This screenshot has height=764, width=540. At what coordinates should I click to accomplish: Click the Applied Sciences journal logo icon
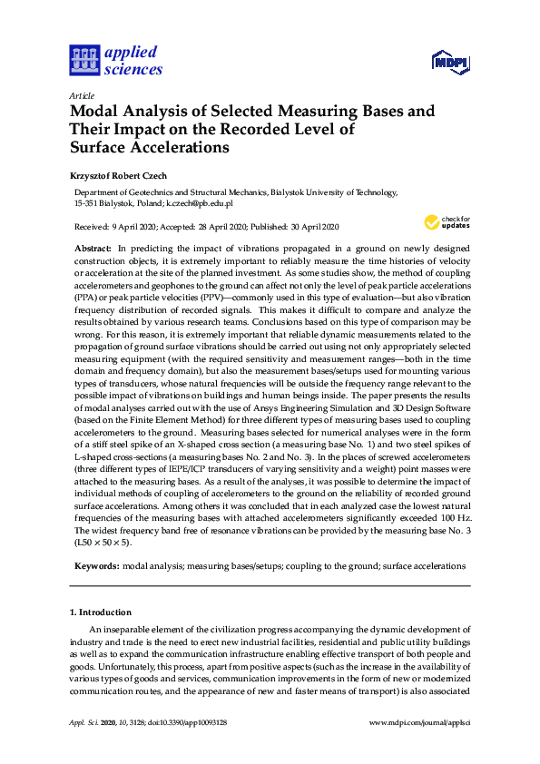click(x=83, y=60)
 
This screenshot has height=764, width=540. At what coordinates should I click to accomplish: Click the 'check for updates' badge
click(x=447, y=221)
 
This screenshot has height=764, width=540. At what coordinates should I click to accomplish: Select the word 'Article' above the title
click(x=81, y=95)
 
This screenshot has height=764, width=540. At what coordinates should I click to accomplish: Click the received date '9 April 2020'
click(x=136, y=227)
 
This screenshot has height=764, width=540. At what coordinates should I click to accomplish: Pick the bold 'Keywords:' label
click(x=95, y=565)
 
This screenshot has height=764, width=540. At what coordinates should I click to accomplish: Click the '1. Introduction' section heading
click(x=101, y=612)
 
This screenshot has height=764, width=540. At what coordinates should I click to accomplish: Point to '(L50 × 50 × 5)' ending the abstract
click(x=102, y=543)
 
